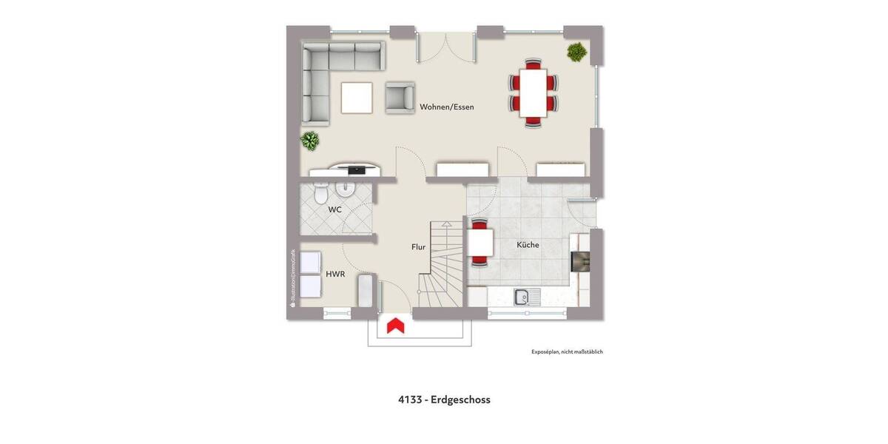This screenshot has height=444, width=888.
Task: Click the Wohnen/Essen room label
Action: click(447, 107)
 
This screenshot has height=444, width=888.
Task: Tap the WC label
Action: click(335, 209)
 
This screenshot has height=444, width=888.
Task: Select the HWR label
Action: click(335, 274)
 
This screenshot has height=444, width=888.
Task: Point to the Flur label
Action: click(419, 247)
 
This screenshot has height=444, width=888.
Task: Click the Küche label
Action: click(528, 244)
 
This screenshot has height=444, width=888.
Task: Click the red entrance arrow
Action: click(396, 325)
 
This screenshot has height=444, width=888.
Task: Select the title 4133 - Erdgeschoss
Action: click(444, 400)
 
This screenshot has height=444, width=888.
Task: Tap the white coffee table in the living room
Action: click(357, 98)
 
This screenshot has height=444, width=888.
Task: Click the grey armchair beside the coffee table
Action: click(400, 98)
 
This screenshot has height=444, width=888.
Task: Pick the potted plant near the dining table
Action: click(576, 52)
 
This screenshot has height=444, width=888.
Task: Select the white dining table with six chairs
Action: click(533, 92)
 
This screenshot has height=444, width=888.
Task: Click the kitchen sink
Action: click(527, 297)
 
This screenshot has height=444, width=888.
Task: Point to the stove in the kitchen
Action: click(579, 263)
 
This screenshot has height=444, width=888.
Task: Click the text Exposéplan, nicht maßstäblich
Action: click(567, 351)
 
